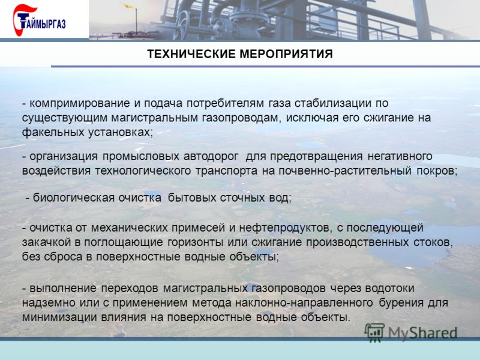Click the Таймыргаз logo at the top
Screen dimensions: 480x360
(39, 20)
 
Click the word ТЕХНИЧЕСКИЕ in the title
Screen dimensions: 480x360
(191, 54)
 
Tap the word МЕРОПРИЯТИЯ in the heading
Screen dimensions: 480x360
(286, 54)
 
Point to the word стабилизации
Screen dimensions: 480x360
(333, 103)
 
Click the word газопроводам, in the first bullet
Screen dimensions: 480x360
(242, 118)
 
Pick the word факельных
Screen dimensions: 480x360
(53, 133)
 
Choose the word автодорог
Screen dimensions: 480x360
(211, 156)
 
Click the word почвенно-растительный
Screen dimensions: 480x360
(344, 171)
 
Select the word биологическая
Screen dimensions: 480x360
(74, 197)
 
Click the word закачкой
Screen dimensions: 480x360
(47, 242)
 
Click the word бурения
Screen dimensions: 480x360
(404, 303)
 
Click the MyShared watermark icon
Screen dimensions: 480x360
(374, 332)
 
